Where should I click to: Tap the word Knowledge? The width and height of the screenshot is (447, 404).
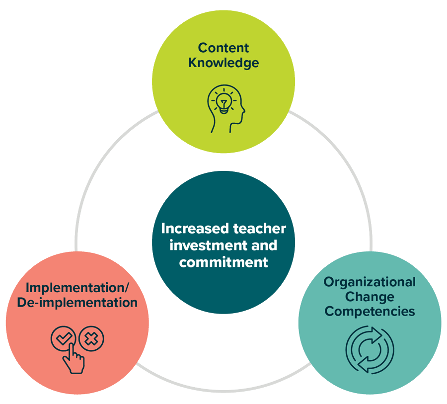coord(223,63)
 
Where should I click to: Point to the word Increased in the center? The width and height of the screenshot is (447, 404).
coord(188,229)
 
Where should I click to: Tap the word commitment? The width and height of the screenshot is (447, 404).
coord(223,261)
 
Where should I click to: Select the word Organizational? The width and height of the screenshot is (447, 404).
coord(370,282)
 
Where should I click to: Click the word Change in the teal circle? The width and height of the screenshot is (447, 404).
coord(370,297)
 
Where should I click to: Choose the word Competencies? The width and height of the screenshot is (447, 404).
coord(370,312)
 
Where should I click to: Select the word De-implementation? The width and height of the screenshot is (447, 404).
coord(77,302)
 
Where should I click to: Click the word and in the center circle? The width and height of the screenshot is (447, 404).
coord(265,245)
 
